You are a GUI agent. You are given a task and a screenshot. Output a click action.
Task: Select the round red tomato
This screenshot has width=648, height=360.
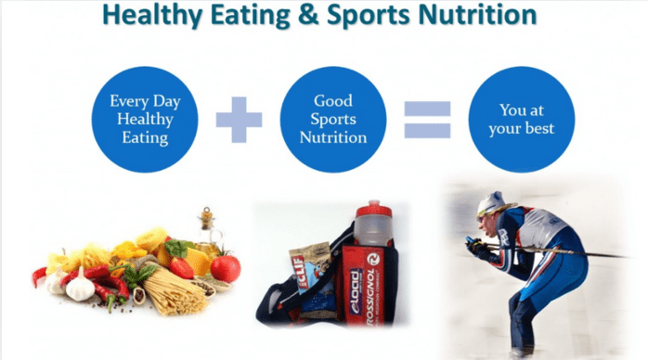pyautogui.click(x=225, y=268)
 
